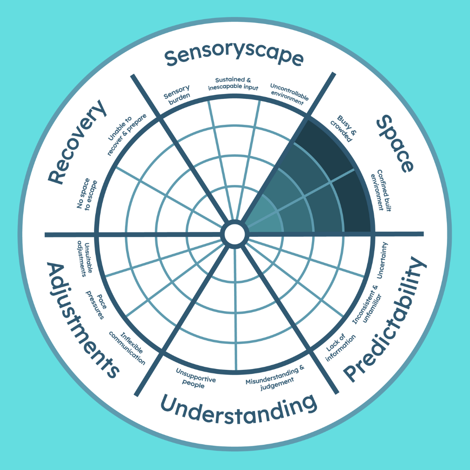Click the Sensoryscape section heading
(x=234, y=57)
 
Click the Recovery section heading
(x=77, y=141)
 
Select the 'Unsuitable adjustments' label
(x=82, y=258)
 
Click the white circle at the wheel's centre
(x=234, y=234)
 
